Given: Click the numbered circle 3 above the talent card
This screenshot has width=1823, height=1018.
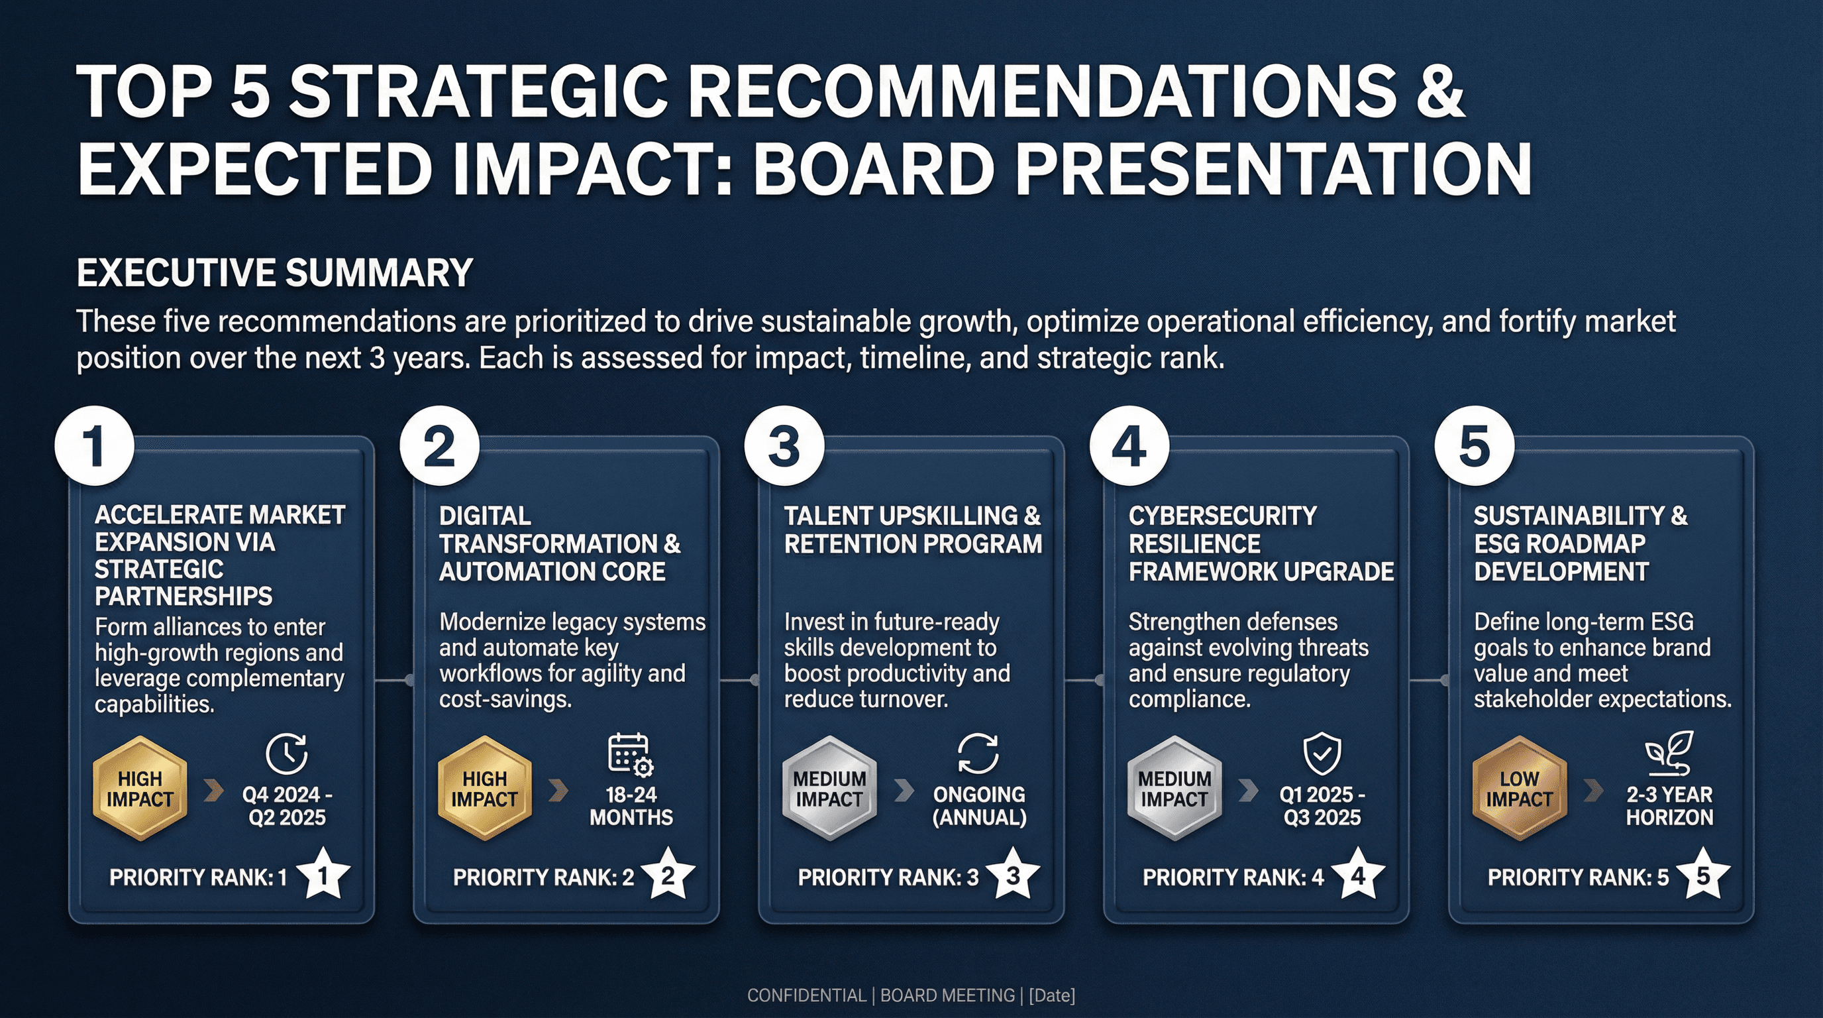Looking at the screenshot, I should pos(784,446).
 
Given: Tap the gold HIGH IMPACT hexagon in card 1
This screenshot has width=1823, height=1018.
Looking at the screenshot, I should pos(140,788).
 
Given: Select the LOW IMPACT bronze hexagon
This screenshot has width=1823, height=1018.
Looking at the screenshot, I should pos(1520,788).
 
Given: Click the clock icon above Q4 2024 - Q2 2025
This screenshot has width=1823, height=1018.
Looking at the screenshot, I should pos(287,754).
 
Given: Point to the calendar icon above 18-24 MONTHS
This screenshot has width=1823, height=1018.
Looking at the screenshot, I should pos(630,755).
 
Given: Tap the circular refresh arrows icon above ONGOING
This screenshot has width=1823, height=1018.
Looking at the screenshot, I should pos(978,754).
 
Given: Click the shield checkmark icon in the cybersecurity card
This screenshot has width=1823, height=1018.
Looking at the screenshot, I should pos(1322,754).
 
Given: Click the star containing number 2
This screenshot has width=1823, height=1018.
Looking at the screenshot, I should pos(667,876).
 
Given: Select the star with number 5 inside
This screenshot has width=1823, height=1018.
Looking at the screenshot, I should pos(1702,876).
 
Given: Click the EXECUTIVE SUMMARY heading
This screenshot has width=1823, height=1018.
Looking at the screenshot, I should pos(275,272).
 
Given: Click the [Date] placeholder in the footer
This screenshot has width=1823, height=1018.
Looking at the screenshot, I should pos(1052,995).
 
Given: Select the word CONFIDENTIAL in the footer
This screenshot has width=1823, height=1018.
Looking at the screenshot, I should pos(806,995).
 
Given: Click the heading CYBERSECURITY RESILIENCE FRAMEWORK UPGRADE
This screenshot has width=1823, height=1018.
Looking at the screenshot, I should pos(1260,543).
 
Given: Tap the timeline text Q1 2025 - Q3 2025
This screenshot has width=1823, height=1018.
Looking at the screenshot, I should pos(1322,806).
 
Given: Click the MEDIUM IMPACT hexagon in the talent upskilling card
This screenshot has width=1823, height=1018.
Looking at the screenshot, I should pos(829,788).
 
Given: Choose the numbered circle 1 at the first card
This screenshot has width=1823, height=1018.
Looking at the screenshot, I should pos(94,446).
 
